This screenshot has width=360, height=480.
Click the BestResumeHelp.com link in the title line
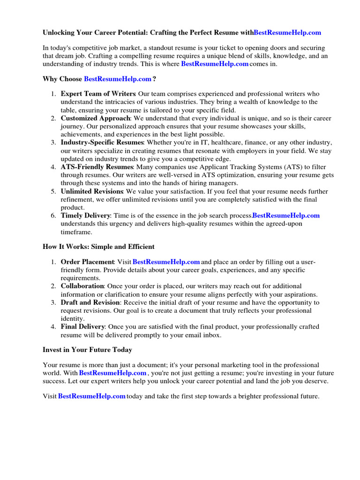click(287, 32)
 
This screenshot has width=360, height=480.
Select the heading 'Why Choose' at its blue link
click(118, 79)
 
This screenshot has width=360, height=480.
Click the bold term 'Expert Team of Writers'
click(98, 94)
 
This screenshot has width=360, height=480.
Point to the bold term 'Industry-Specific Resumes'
click(102, 142)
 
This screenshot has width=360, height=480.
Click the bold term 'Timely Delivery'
click(85, 215)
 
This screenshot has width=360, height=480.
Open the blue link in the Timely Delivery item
click(286, 215)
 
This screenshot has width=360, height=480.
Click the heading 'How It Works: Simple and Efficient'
click(98, 247)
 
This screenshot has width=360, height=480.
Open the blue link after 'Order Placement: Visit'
click(166, 262)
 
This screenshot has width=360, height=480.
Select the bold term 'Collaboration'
click(82, 286)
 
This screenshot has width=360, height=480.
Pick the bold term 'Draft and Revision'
click(90, 302)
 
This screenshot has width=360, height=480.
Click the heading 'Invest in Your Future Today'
click(87, 350)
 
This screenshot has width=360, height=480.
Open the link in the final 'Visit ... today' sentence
click(92, 396)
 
